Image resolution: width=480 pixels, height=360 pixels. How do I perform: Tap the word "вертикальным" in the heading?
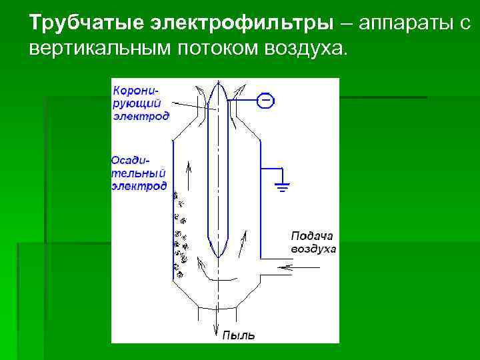pyautogui.click(x=100, y=49)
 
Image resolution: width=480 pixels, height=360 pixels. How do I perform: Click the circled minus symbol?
pyautogui.click(x=265, y=101)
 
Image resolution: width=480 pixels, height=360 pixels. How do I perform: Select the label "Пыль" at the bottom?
pyautogui.click(x=237, y=335)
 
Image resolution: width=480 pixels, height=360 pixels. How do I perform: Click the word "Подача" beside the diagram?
pyautogui.click(x=311, y=236)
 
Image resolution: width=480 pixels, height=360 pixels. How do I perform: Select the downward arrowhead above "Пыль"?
pyautogui.click(x=216, y=329)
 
